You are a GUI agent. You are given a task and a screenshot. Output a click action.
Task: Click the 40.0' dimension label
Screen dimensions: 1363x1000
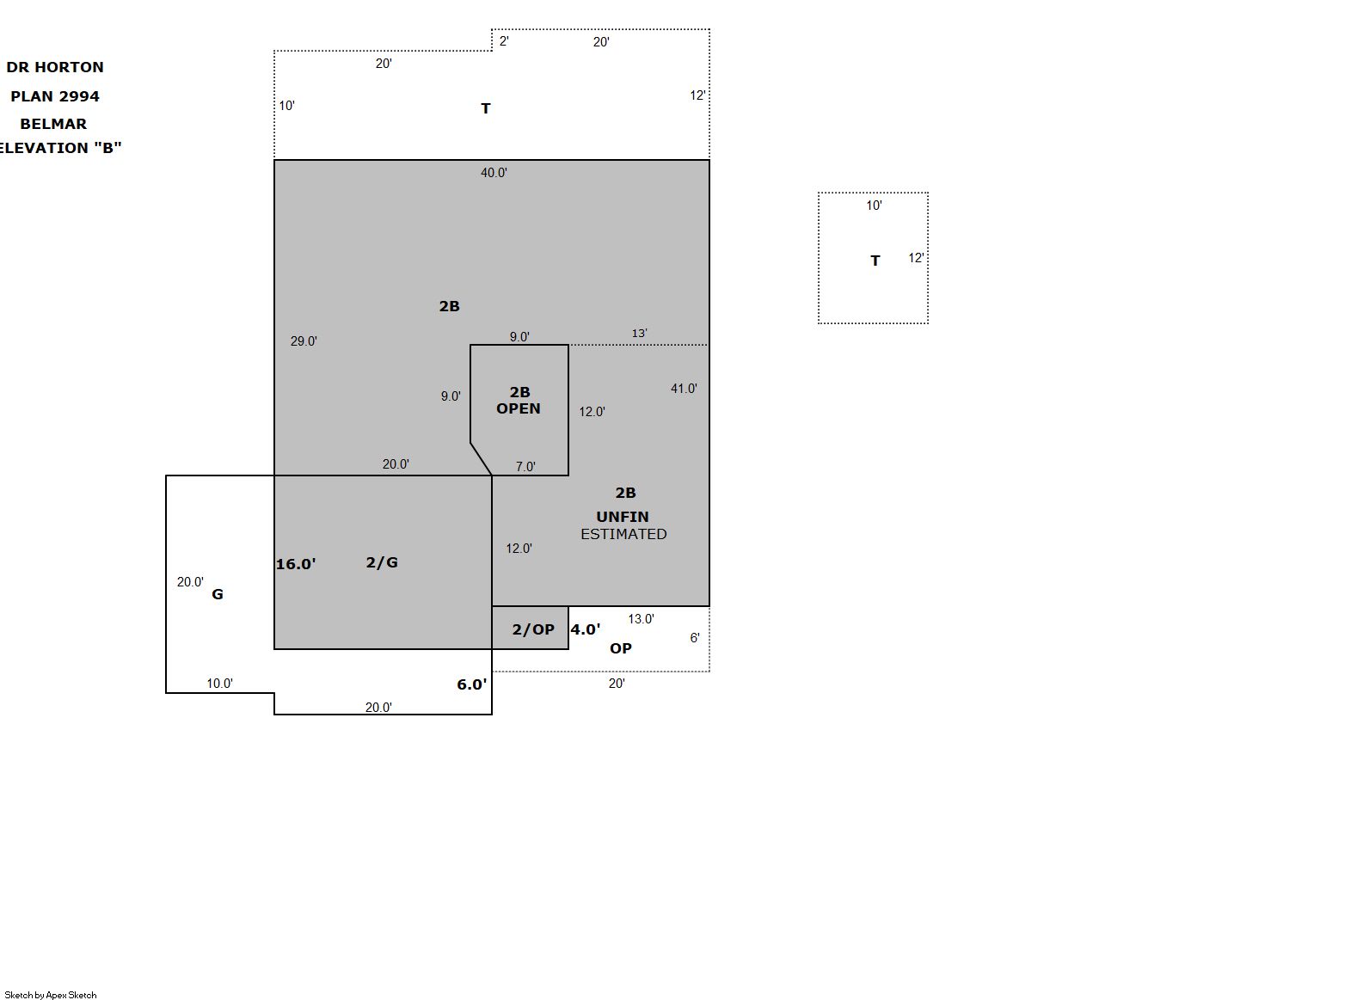(x=494, y=173)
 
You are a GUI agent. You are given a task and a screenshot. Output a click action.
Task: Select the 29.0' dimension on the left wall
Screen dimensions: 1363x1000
(x=304, y=341)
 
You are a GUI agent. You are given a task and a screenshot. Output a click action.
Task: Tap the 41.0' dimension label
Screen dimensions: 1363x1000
(x=684, y=389)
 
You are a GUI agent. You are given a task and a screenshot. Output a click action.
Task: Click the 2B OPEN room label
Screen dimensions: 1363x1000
(x=519, y=400)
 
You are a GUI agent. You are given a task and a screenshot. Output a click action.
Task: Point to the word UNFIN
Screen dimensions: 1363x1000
(x=623, y=517)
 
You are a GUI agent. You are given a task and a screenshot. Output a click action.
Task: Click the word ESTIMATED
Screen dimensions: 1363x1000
(x=623, y=534)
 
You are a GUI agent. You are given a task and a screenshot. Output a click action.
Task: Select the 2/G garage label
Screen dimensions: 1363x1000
(x=382, y=562)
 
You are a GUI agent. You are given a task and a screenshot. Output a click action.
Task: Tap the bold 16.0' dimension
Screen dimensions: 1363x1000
(x=296, y=564)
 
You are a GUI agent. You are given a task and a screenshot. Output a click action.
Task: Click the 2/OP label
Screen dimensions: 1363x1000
(x=533, y=629)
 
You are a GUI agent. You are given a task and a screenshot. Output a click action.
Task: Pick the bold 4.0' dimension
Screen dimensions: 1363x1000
(x=586, y=629)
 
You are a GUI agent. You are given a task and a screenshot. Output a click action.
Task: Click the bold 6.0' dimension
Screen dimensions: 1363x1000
(x=471, y=685)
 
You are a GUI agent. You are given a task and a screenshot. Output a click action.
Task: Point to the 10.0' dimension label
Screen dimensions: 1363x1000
(x=219, y=684)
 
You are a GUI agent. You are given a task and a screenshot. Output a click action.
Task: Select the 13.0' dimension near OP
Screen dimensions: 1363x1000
(x=641, y=619)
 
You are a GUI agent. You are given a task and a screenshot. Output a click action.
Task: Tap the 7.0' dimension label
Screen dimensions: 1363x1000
(x=525, y=467)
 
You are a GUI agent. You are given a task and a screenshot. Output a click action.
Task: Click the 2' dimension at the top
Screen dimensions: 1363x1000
(x=504, y=41)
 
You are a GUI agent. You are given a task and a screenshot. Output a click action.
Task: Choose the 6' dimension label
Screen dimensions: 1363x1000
(x=695, y=638)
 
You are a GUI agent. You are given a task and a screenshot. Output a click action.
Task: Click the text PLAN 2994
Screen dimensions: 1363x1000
(x=55, y=96)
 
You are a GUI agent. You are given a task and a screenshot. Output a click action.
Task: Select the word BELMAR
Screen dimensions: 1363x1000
(x=53, y=124)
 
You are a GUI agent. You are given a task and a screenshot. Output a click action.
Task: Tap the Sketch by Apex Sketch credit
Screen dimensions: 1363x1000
(x=51, y=995)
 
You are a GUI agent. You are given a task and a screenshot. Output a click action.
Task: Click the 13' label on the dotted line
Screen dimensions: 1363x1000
(x=639, y=334)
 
